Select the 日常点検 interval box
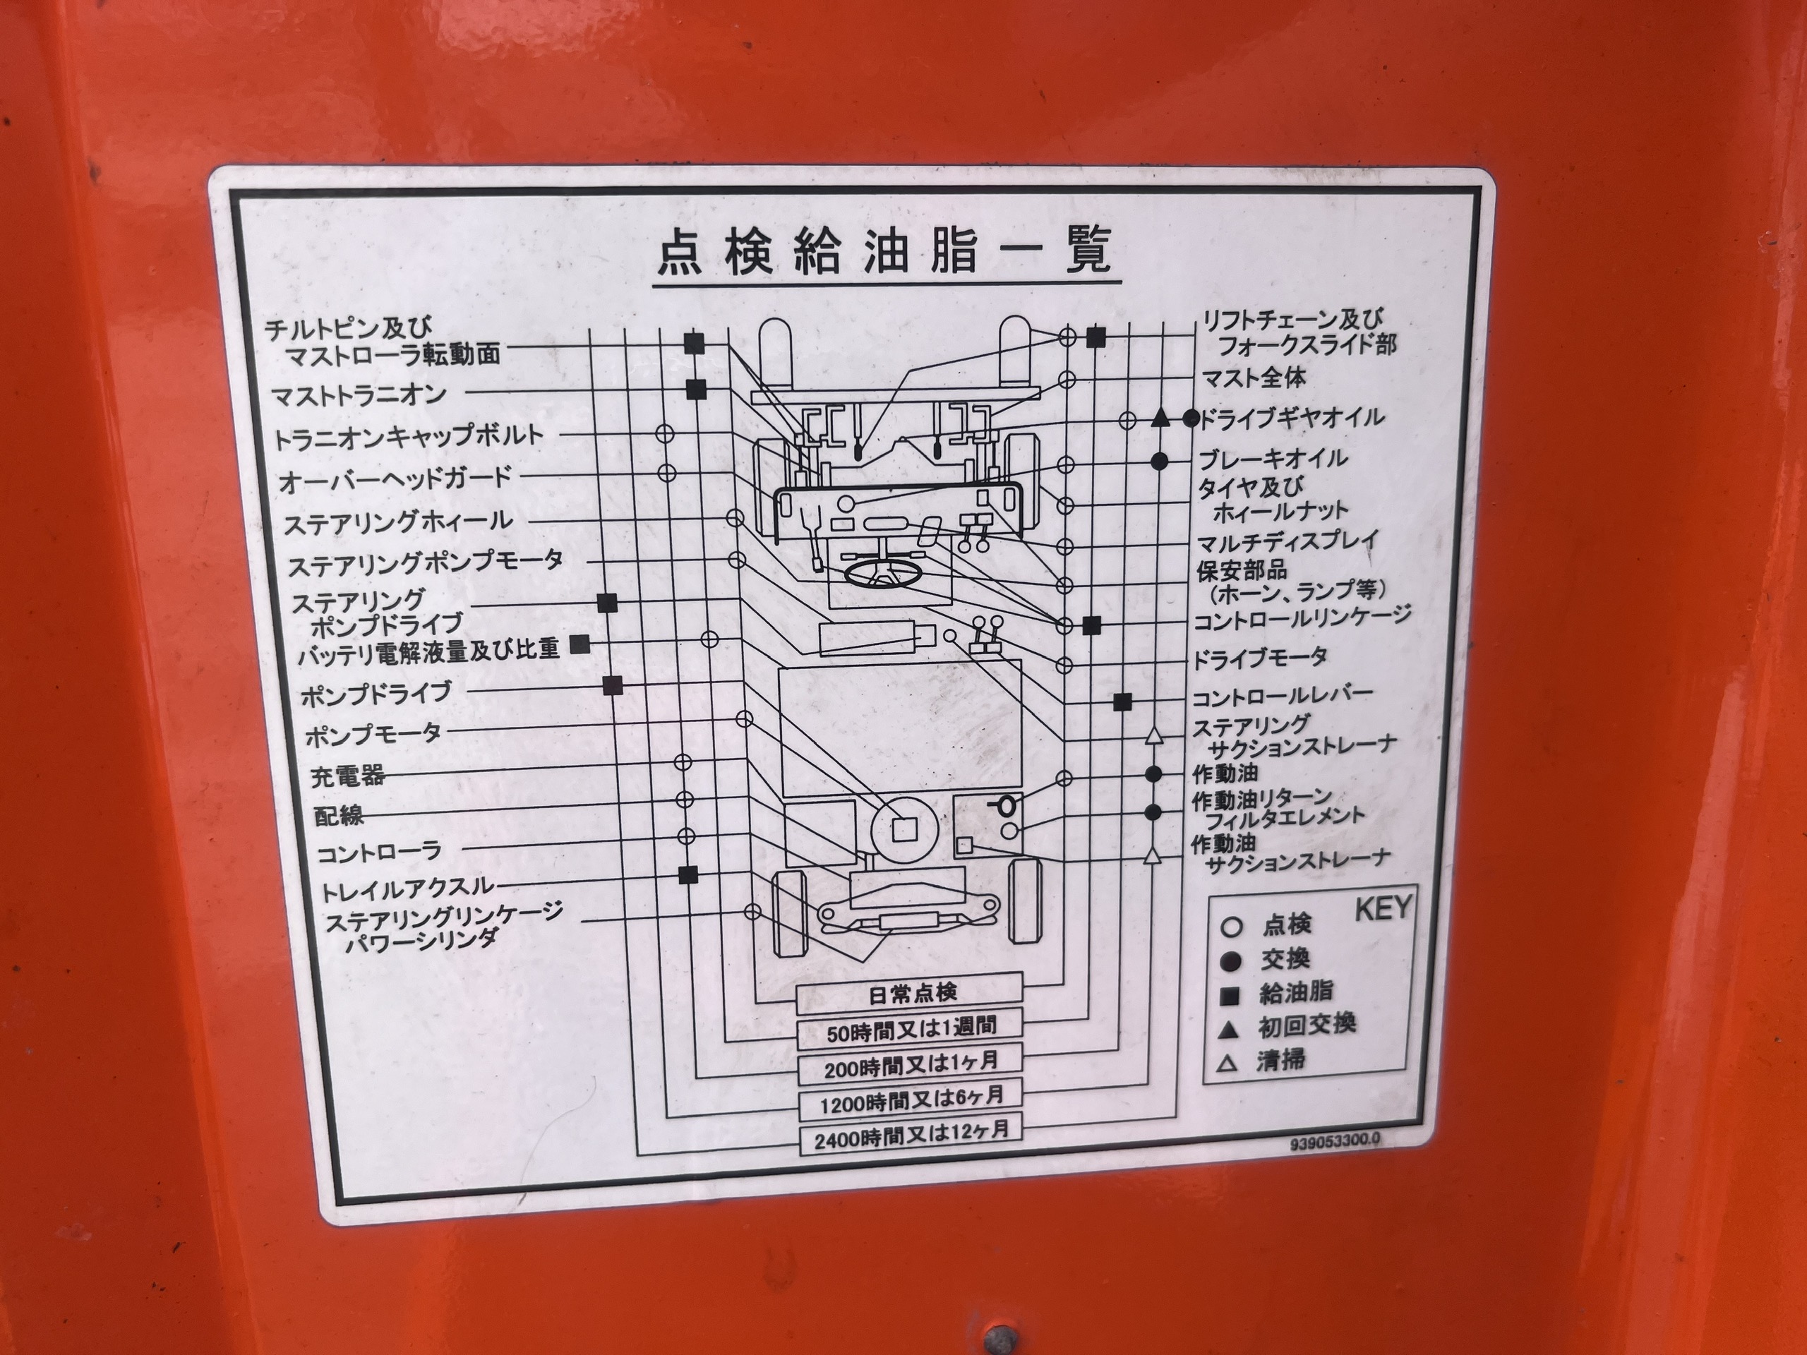tap(909, 992)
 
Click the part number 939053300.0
tap(1335, 1142)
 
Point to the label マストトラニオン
tap(359, 395)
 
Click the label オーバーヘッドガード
tap(395, 479)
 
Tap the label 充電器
tap(347, 775)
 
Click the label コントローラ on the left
tap(379, 853)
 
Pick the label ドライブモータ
tap(1261, 658)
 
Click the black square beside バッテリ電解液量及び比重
tap(580, 644)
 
